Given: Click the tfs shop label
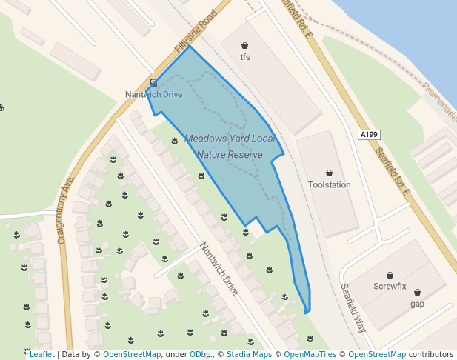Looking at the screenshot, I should pyautogui.click(x=245, y=56).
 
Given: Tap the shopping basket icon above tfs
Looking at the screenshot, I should pyautogui.click(x=245, y=46).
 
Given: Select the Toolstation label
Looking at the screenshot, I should pyautogui.click(x=329, y=184).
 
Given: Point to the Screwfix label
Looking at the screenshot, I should pyautogui.click(x=390, y=286).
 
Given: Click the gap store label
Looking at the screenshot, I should pyautogui.click(x=417, y=304).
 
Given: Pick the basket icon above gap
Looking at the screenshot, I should pyautogui.click(x=417, y=293).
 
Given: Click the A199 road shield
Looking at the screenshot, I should pyautogui.click(x=368, y=134).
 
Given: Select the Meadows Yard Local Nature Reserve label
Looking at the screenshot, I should pyautogui.click(x=230, y=147).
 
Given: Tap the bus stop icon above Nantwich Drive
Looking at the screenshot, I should pyautogui.click(x=153, y=83).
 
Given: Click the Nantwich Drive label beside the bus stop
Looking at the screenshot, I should pyautogui.click(x=153, y=95).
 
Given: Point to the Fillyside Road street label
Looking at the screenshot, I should pyautogui.click(x=196, y=32).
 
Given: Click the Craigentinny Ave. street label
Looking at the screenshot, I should pyautogui.click(x=66, y=210).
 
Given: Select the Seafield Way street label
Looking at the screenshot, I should pyautogui.click(x=353, y=307).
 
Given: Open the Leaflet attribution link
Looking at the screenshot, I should pyautogui.click(x=41, y=355).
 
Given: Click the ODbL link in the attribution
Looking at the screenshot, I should pyautogui.click(x=199, y=355).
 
